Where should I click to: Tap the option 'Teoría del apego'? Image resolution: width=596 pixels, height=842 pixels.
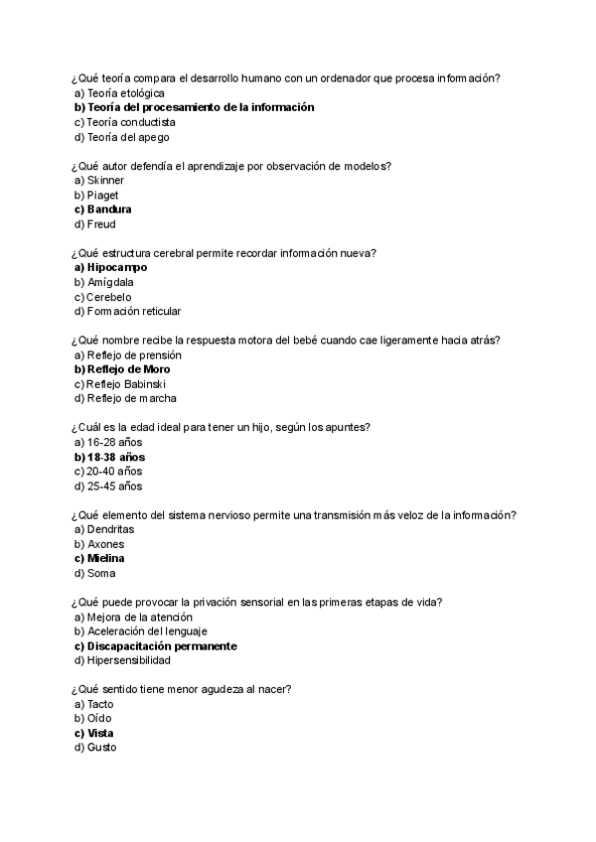point(120,137)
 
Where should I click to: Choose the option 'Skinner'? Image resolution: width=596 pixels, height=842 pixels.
point(105,181)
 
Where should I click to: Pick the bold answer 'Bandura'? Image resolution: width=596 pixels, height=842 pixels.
point(109,210)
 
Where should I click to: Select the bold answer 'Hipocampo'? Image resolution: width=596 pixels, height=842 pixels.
point(116,267)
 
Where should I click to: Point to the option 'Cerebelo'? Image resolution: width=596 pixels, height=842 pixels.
point(109,297)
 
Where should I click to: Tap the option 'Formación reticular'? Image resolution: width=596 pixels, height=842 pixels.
point(133,312)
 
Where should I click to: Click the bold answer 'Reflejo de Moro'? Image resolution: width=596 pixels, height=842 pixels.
point(128,369)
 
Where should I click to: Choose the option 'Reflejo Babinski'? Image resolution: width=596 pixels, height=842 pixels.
point(125,384)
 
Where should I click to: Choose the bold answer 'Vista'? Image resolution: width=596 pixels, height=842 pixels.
point(100,734)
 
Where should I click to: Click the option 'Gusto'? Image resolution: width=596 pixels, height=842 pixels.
point(102,748)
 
